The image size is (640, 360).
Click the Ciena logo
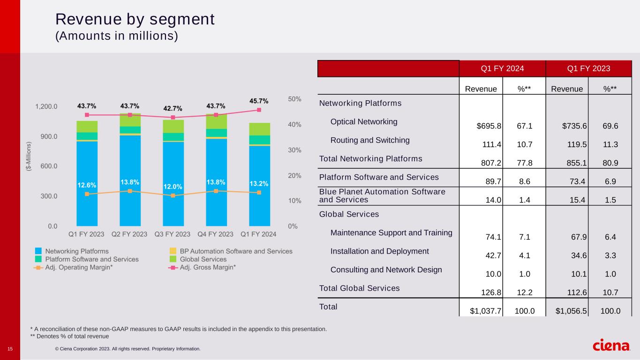pyautogui.click(x=611, y=345)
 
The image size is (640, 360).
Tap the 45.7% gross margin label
pyautogui.click(x=259, y=101)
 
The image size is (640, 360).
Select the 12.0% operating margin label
pyautogui.click(x=173, y=187)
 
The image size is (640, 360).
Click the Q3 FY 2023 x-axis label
pyautogui.click(x=173, y=234)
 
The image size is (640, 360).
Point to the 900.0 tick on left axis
pyautogui.click(x=46, y=136)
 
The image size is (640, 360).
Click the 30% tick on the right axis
pyautogui.click(x=295, y=150)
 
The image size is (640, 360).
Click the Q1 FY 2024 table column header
pyautogui.click(x=502, y=68)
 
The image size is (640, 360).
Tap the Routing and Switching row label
pyautogui.click(x=370, y=140)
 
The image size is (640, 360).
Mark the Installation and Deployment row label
pyautogui.click(x=379, y=251)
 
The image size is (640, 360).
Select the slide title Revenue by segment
pyautogui.click(x=135, y=19)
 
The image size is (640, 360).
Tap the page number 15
pyautogui.click(x=10, y=348)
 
